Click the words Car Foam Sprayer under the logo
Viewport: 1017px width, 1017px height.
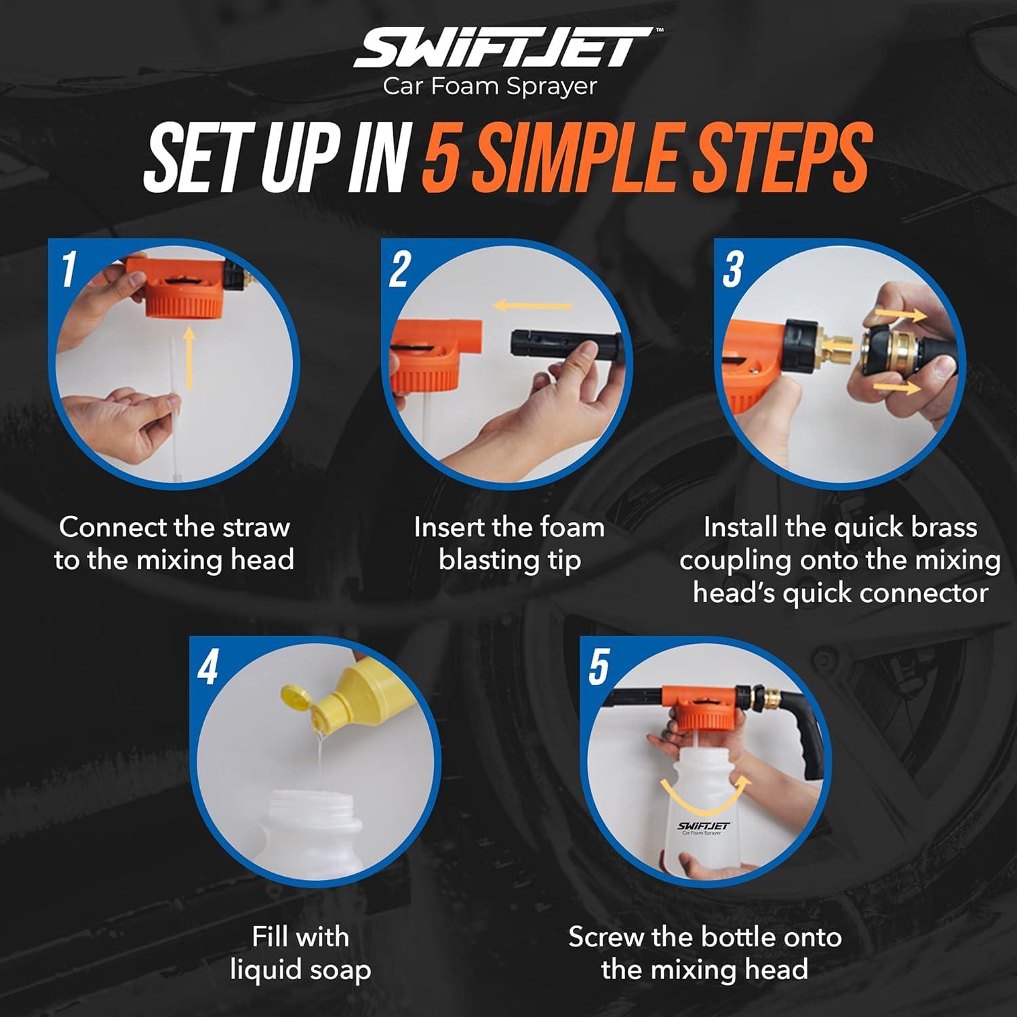[490, 87]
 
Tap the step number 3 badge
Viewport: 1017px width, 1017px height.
[733, 268]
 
